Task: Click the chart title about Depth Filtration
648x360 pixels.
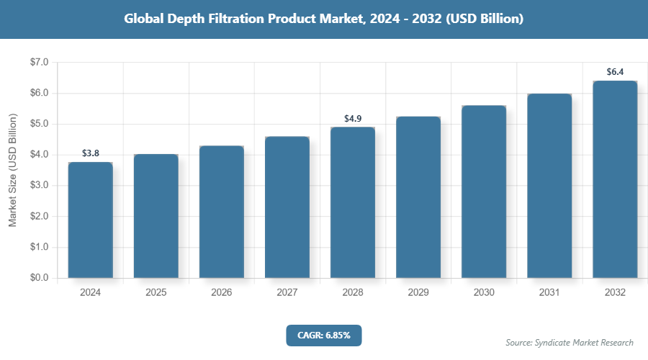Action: (323, 19)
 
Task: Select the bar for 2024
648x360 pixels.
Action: (91, 220)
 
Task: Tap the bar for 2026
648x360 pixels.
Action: (222, 212)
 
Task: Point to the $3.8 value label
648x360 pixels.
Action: (91, 153)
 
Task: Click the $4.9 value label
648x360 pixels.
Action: (353, 118)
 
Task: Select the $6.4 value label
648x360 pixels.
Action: (615, 72)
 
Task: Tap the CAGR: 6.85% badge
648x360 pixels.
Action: (323, 335)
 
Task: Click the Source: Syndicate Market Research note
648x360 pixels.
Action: (570, 342)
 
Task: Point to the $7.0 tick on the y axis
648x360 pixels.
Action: (39, 63)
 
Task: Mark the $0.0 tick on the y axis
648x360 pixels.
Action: (39, 278)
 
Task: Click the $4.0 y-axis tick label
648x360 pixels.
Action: (39, 155)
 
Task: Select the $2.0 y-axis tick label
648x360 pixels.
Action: (39, 216)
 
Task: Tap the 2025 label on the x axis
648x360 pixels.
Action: (156, 293)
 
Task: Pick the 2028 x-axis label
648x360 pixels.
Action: (353, 293)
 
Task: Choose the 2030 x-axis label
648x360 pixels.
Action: (484, 293)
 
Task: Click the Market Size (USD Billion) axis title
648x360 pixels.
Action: (12, 170)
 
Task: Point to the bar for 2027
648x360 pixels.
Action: (287, 207)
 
